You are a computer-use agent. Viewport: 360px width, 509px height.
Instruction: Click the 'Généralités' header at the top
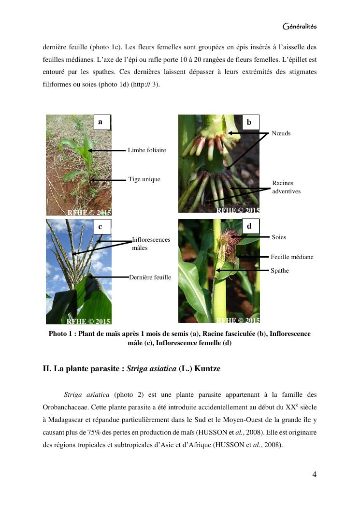coord(299,26)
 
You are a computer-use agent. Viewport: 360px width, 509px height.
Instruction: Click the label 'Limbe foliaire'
coord(147,150)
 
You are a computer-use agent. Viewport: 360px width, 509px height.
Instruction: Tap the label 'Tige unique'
coord(144,179)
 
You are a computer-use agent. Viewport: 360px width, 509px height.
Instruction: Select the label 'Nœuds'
coord(281,133)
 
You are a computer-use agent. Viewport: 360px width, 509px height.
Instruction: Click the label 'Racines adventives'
coord(287,187)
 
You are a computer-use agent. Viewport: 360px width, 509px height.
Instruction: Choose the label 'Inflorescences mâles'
coord(151,244)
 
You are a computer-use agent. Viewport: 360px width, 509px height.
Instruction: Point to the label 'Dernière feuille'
coord(150,277)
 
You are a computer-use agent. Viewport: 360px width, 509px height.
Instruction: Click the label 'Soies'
coord(279,237)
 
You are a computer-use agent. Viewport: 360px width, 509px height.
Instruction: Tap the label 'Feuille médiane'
coord(292,257)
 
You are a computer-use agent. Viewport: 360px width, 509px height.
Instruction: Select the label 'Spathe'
coord(279,270)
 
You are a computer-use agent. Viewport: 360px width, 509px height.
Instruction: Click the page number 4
coord(314,474)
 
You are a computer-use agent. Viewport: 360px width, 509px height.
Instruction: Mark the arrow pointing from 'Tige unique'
coord(108,180)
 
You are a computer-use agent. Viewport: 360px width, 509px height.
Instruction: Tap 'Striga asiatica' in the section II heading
coord(151,369)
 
